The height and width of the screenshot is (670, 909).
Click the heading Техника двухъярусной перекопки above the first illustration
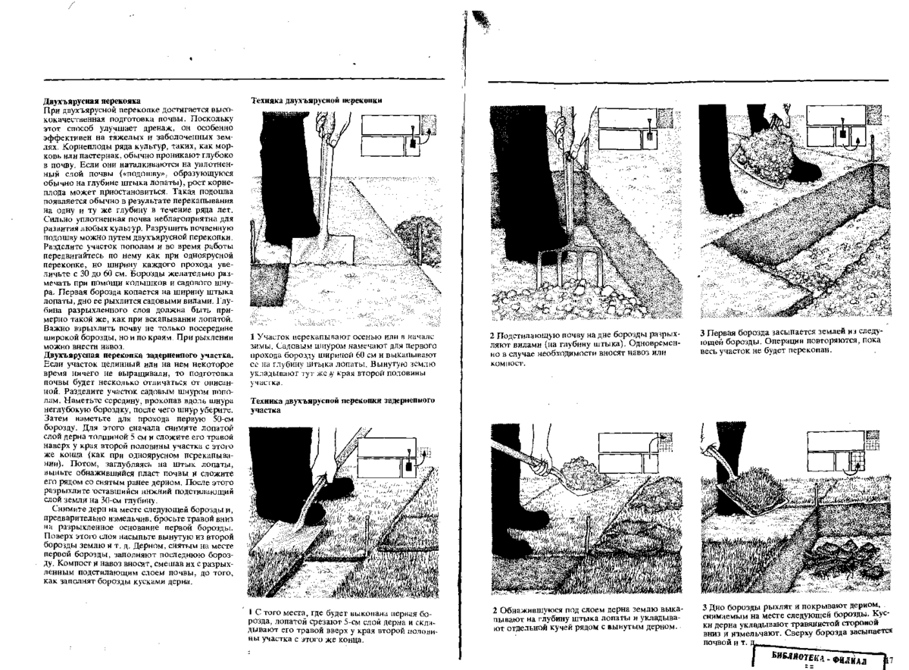coord(316,100)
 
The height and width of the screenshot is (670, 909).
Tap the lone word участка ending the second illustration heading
coord(266,409)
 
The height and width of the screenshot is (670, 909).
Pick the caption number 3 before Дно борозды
coord(703,607)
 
